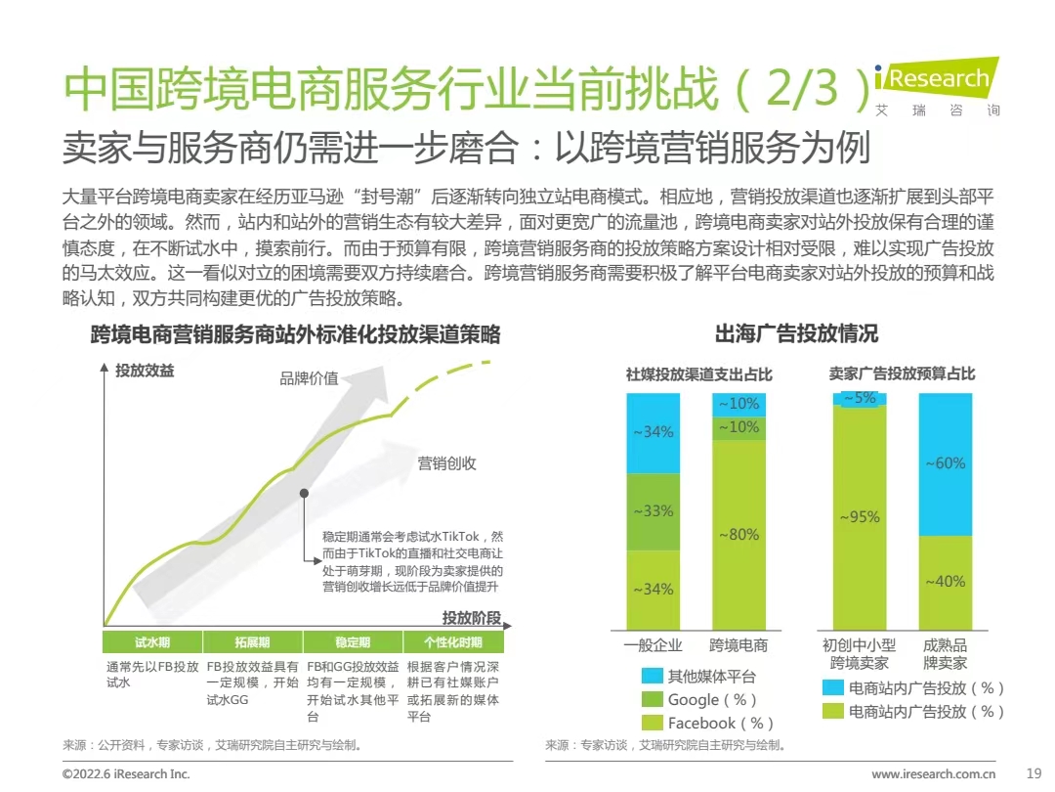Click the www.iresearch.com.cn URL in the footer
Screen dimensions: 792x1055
[933, 773]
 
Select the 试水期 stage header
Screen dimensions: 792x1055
[152, 642]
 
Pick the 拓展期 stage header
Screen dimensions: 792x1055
[252, 642]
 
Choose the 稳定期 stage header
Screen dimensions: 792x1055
[353, 642]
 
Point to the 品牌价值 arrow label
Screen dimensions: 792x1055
[309, 378]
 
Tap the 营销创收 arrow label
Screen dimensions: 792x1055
[446, 463]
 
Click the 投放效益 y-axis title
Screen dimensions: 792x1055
[145, 371]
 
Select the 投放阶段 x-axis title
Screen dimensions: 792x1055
[472, 618]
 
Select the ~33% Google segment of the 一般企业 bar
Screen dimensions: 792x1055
[653, 511]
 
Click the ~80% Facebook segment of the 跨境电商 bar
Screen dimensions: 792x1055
[738, 535]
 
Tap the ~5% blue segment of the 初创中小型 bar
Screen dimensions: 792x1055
[860, 398]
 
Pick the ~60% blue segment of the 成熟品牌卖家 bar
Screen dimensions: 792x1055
[945, 463]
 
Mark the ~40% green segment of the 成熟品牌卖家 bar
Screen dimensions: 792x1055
[945, 582]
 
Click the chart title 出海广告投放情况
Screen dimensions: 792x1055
[796, 334]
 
